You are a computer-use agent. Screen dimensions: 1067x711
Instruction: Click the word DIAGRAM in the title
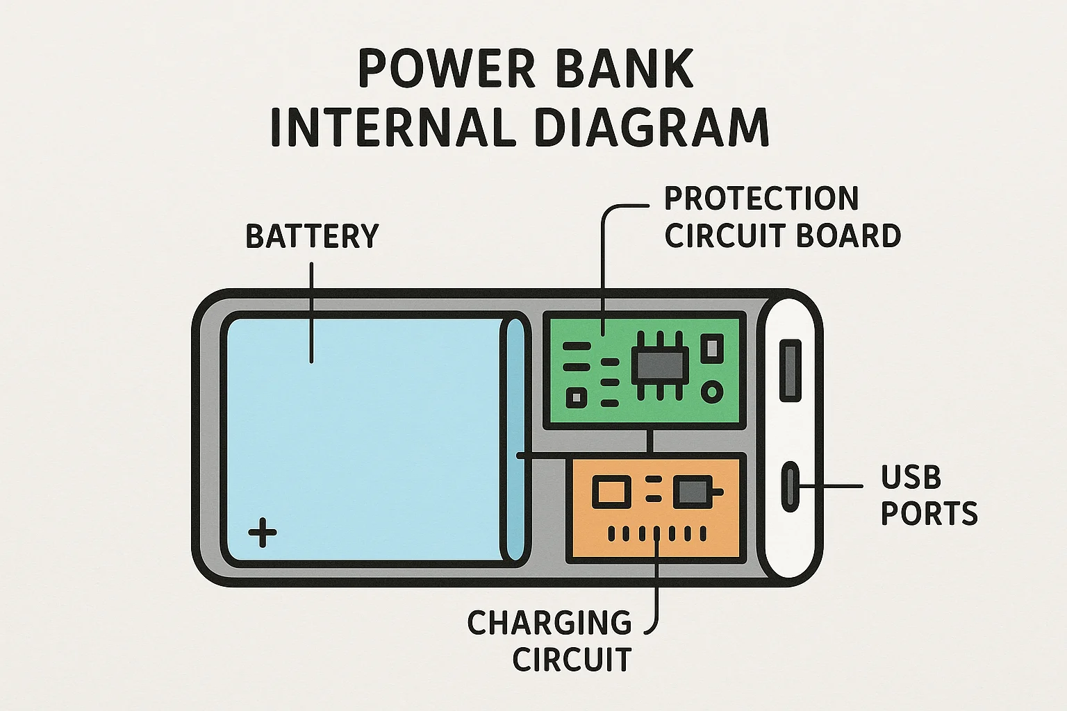[652, 126]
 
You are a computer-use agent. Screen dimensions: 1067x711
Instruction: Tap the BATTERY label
[312, 236]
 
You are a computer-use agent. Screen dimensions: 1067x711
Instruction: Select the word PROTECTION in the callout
[761, 199]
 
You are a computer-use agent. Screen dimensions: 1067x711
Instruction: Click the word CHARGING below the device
[549, 622]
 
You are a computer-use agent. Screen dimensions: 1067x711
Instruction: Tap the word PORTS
[929, 513]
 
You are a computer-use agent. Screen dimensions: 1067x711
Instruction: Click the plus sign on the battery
[263, 533]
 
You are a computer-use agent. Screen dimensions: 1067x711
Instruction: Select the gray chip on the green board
[660, 366]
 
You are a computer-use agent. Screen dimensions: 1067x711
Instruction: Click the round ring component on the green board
[712, 392]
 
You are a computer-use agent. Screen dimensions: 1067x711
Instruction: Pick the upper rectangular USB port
[791, 371]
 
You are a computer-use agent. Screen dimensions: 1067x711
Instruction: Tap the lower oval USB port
[791, 486]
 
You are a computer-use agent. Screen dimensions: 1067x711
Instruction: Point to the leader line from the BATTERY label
[311, 313]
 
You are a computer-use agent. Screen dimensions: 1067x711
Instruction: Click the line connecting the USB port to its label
[832, 486]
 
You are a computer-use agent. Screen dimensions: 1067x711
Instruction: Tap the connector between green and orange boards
[650, 441]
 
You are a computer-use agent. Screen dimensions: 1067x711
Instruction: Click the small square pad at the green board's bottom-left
[577, 397]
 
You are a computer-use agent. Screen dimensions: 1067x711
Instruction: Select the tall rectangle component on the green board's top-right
[712, 349]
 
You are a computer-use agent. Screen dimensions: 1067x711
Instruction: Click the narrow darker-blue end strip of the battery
[515, 440]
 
